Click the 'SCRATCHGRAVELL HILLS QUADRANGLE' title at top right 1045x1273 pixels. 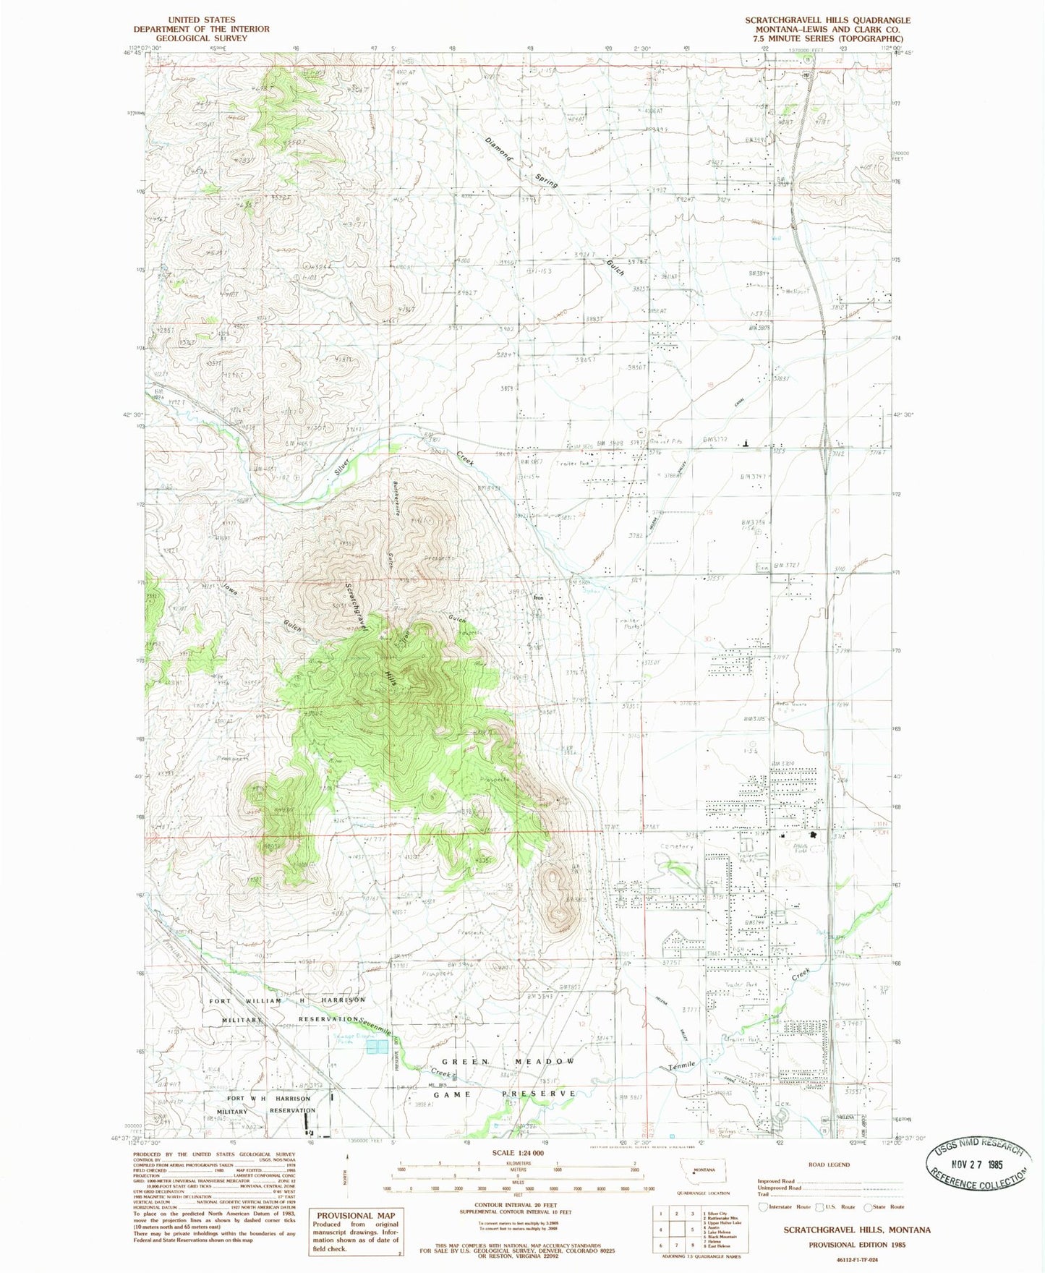[x=828, y=20]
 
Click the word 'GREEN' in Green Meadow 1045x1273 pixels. [x=460, y=1061]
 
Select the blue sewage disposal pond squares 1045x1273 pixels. [x=375, y=1048]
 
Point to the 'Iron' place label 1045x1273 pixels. [x=538, y=598]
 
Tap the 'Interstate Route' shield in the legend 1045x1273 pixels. [x=764, y=1206]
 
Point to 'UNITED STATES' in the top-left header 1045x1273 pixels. [x=201, y=20]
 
